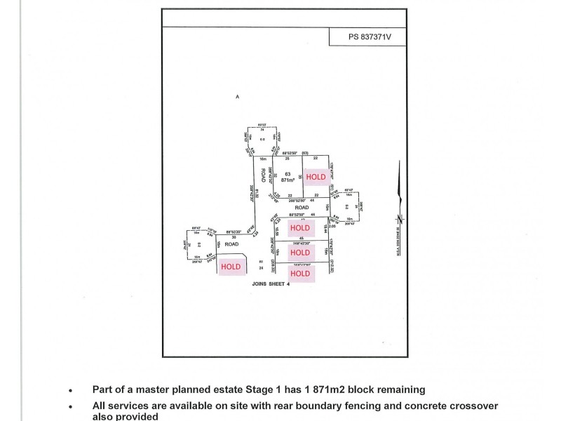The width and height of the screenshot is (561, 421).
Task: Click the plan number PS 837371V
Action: tap(366, 37)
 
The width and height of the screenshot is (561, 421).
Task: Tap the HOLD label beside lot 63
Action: tap(316, 177)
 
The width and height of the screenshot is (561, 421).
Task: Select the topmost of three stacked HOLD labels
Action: tap(300, 228)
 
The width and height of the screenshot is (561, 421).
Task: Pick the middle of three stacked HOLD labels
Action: tap(300, 252)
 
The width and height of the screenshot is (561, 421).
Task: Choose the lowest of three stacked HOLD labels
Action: tap(300, 273)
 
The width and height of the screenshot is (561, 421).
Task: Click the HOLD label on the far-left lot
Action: tap(231, 267)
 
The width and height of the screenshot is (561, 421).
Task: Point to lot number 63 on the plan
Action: tap(287, 173)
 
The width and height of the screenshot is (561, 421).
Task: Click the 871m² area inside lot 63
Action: tap(288, 180)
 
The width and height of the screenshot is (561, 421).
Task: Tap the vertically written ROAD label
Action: tap(264, 175)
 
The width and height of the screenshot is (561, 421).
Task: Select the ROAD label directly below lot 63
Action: tap(302, 208)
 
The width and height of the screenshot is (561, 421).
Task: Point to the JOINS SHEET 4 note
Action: tap(270, 284)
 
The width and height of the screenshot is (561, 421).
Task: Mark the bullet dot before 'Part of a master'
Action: tap(70, 389)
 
